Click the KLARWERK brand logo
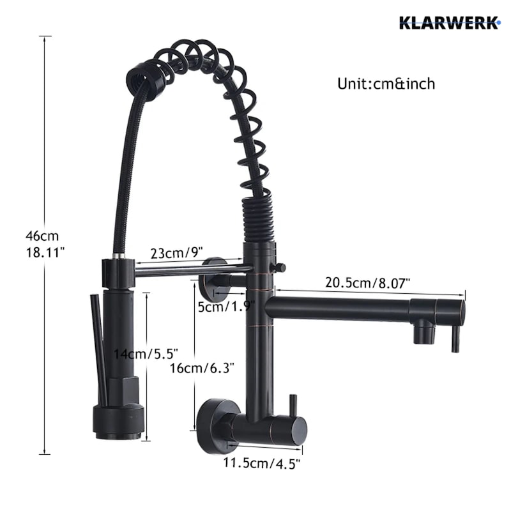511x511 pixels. [x=450, y=23]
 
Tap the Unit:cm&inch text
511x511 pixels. [x=386, y=84]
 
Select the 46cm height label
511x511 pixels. [x=42, y=236]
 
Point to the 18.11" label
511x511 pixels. [x=45, y=252]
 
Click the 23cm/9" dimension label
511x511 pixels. [x=177, y=253]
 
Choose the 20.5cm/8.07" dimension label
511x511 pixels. [x=367, y=282]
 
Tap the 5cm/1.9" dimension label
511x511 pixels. [x=226, y=307]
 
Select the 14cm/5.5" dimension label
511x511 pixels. [x=146, y=354]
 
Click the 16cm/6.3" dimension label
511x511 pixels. [x=202, y=369]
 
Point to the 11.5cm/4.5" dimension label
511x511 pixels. [x=261, y=462]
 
